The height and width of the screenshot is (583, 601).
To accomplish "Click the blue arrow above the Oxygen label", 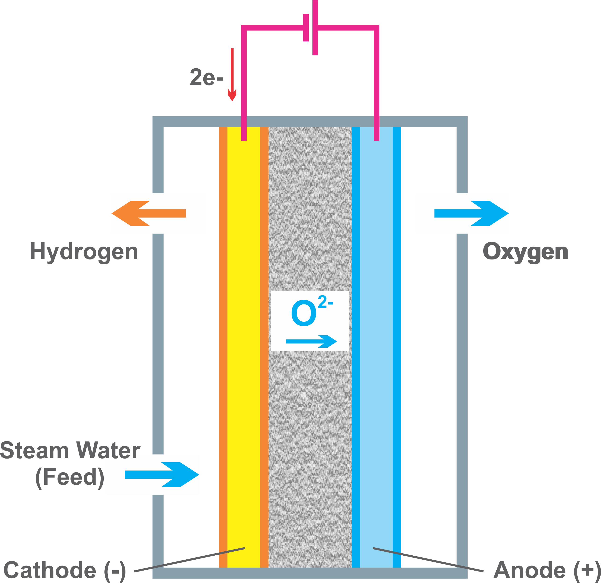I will pyautogui.click(x=471, y=213).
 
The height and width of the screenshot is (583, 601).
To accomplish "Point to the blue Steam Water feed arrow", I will pyautogui.click(x=161, y=475).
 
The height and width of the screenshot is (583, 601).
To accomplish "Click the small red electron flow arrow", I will pyautogui.click(x=232, y=75).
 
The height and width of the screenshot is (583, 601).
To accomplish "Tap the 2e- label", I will pyautogui.click(x=207, y=77).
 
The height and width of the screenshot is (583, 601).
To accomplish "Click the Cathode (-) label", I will pyautogui.click(x=64, y=570).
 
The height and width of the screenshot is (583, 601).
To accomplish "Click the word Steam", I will pyautogui.click(x=34, y=451).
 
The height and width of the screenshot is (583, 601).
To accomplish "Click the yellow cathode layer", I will pyautogui.click(x=243, y=337).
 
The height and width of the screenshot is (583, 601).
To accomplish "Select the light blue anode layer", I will pyautogui.click(x=376, y=337).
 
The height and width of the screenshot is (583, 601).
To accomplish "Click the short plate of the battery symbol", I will pyautogui.click(x=306, y=28).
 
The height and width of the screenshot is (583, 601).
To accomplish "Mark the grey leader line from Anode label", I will pyautogui.click(x=428, y=560).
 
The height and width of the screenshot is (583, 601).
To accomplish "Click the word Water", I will pyautogui.click(x=108, y=451).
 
